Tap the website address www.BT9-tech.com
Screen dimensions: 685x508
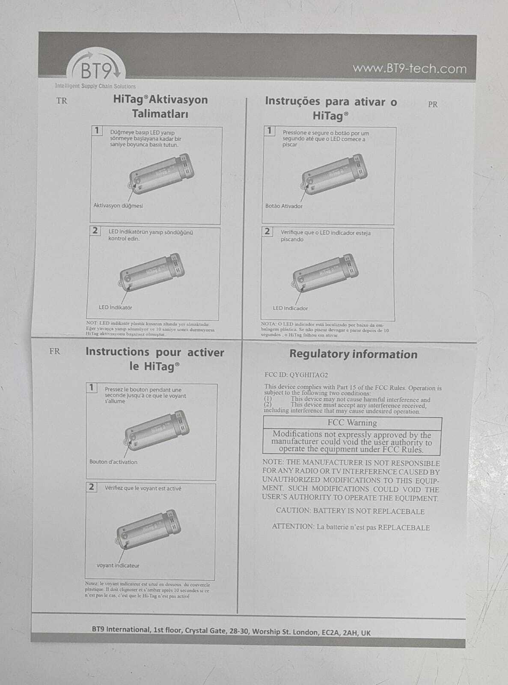(x=409, y=68)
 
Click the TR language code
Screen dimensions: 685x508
(x=62, y=101)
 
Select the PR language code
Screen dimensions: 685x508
(x=433, y=104)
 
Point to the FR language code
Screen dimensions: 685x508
(x=55, y=351)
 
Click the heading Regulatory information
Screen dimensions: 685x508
(x=353, y=354)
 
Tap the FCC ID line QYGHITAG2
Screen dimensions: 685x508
(x=296, y=375)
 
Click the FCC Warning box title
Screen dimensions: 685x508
(x=352, y=423)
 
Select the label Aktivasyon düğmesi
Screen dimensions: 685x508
(x=118, y=205)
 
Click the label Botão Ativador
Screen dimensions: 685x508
(x=284, y=206)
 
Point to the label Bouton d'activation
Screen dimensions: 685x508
(x=113, y=462)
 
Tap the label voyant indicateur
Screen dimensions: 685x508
(x=118, y=566)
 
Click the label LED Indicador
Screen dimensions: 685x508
(x=290, y=308)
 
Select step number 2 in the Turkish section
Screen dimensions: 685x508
(x=95, y=231)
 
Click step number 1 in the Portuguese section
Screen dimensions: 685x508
(x=269, y=131)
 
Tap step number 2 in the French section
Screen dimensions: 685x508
(x=92, y=487)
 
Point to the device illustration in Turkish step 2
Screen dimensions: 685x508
(x=151, y=272)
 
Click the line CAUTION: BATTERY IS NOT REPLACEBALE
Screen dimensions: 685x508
(x=350, y=511)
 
